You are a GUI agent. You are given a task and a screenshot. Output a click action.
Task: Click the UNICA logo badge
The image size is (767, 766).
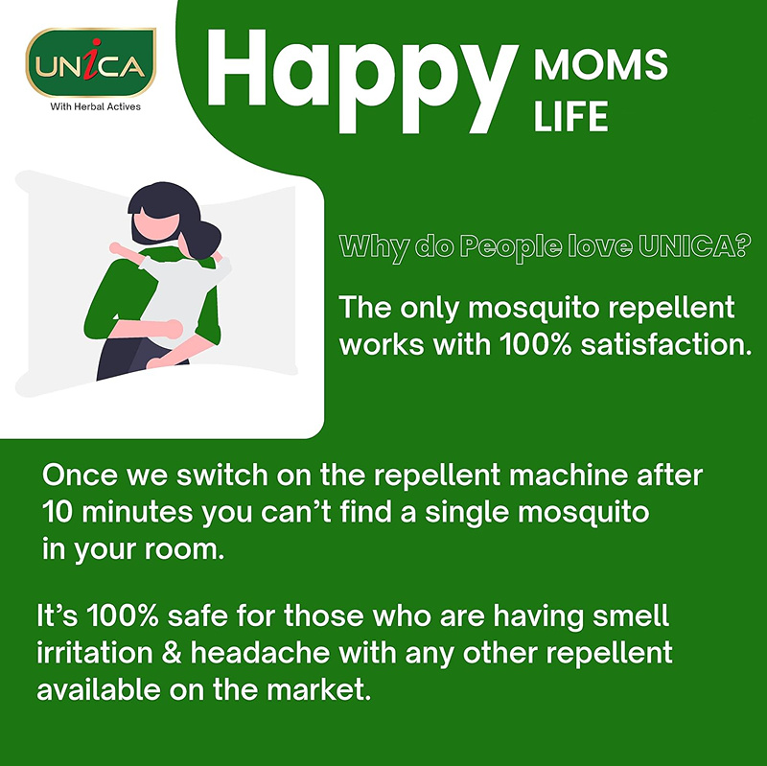[90, 62]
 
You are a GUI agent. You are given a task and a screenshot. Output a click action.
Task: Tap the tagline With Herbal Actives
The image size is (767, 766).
[95, 106]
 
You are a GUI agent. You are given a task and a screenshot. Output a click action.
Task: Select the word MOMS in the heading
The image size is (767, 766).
[600, 64]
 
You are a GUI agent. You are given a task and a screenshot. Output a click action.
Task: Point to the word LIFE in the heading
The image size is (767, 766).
[570, 116]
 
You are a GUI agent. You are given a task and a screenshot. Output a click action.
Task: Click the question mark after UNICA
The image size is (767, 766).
[742, 245]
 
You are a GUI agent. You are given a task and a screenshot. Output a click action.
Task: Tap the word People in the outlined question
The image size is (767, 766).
[512, 247]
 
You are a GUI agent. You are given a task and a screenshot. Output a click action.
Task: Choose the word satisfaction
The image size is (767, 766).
[666, 344]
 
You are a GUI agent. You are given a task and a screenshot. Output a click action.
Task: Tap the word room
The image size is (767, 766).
[184, 549]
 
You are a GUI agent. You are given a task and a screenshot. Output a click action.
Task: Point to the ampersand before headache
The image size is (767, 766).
[172, 653]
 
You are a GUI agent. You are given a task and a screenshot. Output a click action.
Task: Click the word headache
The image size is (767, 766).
[260, 653]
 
